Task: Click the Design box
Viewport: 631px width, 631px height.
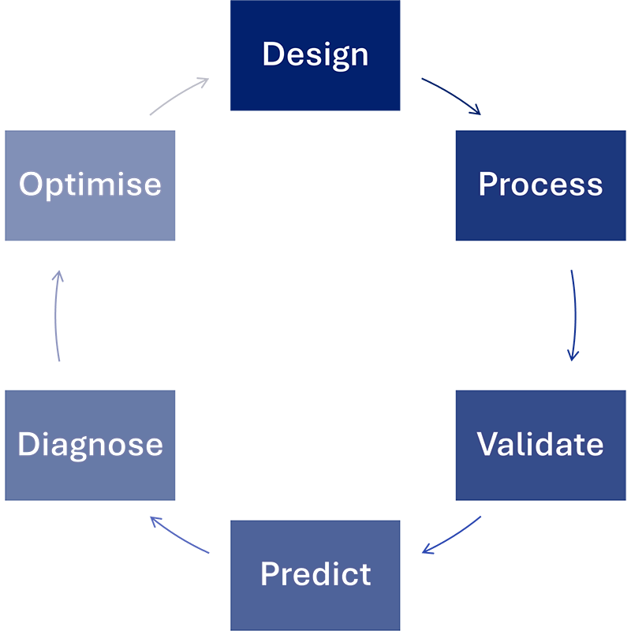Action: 315,55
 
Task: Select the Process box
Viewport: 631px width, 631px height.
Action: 541,185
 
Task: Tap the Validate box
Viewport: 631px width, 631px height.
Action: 541,446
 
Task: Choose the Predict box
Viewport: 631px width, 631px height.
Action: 315,576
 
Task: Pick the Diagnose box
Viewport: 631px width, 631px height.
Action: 90,446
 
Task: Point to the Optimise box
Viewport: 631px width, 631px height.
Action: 90,185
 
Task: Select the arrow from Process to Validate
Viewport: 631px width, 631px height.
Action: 575,315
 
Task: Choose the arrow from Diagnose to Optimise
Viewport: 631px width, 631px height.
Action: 55,315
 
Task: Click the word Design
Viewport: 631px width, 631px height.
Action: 315,55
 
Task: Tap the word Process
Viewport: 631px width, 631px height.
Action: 540,185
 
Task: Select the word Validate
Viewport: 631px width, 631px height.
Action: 540,444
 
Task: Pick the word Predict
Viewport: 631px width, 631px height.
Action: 315,574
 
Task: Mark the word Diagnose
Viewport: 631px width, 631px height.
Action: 90,445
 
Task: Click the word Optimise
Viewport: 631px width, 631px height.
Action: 90,185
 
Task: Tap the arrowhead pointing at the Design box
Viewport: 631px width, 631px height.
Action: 203,82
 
